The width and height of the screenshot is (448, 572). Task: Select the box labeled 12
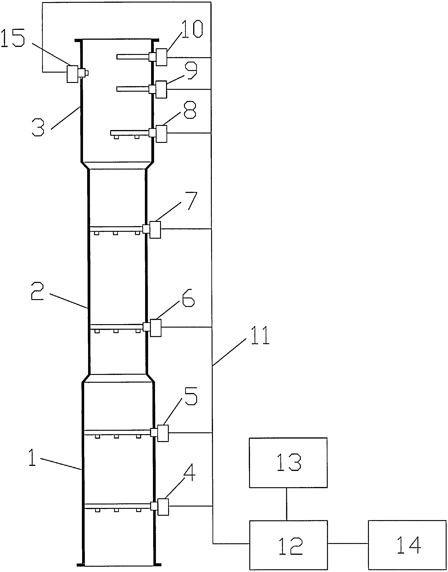[x=288, y=545]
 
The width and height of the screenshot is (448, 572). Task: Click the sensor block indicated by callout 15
[x=72, y=74]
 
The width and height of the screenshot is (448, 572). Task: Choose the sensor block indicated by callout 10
[x=161, y=57]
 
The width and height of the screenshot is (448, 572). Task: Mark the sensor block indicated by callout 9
[x=161, y=89]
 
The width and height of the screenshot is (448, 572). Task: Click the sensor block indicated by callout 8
[x=161, y=134]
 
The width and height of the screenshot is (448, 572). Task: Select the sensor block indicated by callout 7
[x=155, y=230]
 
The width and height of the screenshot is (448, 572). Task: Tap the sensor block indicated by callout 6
[x=155, y=328]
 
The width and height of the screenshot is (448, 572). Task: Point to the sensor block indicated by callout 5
[x=163, y=433]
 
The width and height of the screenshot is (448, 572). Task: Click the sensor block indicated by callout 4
[x=163, y=507]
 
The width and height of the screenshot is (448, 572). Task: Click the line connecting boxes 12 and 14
[x=348, y=544]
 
